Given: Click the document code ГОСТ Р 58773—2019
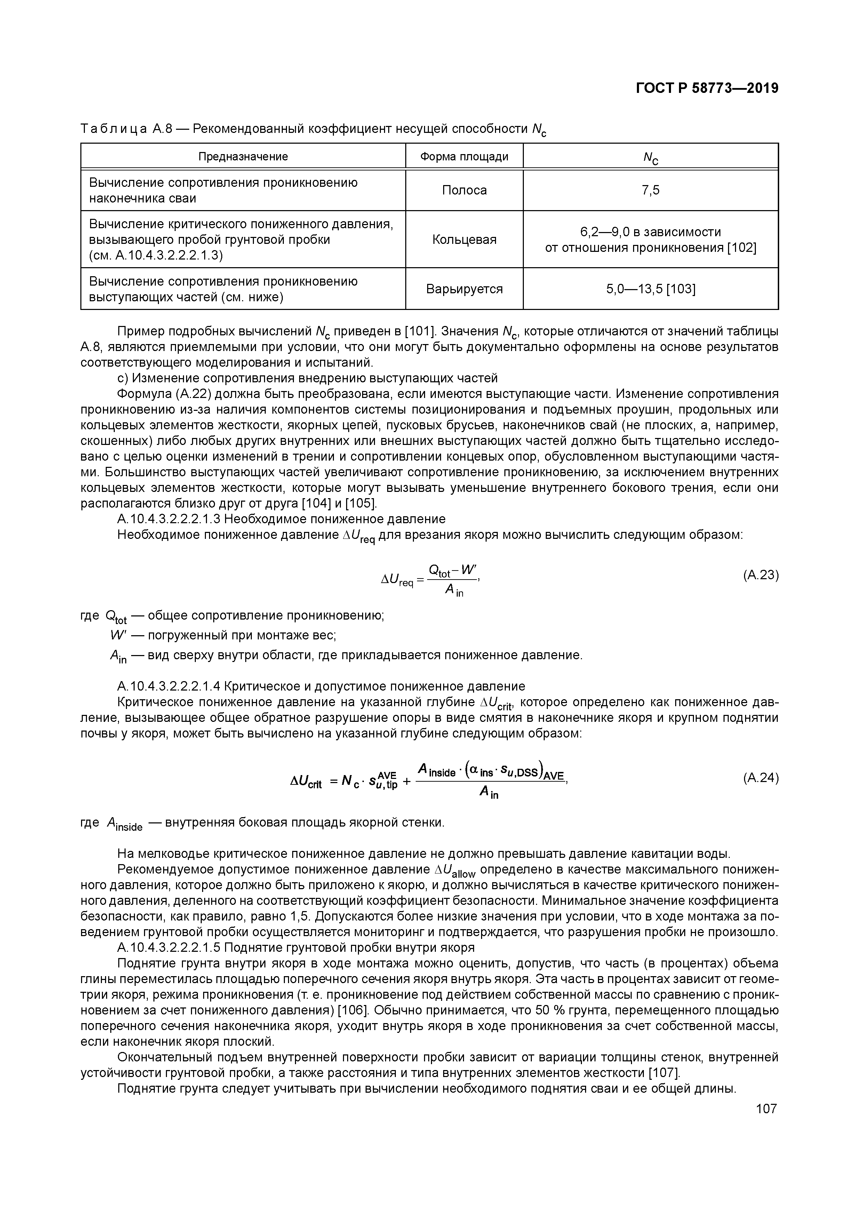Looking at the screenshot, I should click(x=707, y=88).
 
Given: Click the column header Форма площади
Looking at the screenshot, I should click(x=464, y=157).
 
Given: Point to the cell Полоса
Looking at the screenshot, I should click(x=464, y=190).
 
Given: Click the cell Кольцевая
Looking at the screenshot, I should click(x=464, y=240).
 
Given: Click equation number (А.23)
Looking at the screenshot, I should click(x=760, y=575).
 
